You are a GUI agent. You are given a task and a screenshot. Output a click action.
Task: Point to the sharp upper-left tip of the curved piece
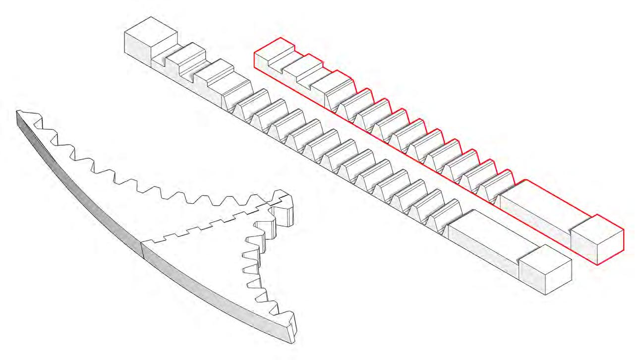click(x=18, y=111)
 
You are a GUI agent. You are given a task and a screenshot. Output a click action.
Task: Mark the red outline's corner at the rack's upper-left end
click(x=254, y=52)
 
